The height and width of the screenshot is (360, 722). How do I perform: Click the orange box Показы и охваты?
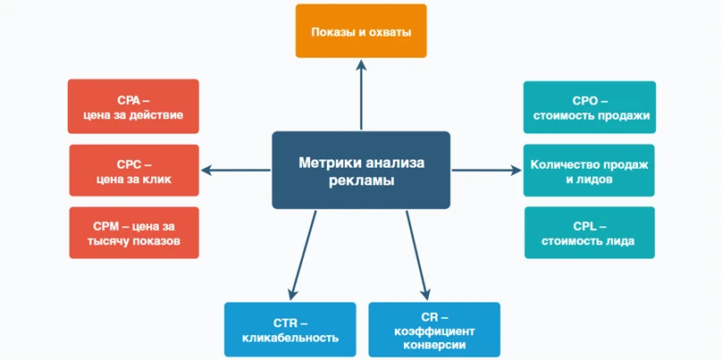tap(361, 31)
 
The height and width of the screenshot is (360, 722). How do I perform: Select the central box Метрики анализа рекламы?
tap(361, 170)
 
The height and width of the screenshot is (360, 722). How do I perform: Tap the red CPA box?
tap(133, 106)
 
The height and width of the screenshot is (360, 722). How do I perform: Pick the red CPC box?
tap(133, 170)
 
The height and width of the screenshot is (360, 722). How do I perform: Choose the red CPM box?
tap(133, 232)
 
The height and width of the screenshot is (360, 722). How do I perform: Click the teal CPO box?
tap(590, 107)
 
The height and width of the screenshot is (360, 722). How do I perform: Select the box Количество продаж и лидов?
tap(590, 170)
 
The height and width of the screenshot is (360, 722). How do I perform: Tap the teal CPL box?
tap(590, 232)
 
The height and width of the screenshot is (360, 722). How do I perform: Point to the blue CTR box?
tap(290, 329)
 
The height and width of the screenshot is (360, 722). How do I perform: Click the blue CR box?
tap(433, 329)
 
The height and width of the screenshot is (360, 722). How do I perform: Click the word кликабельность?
tap(290, 338)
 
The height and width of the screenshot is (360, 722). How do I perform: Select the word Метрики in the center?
tap(327, 163)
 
